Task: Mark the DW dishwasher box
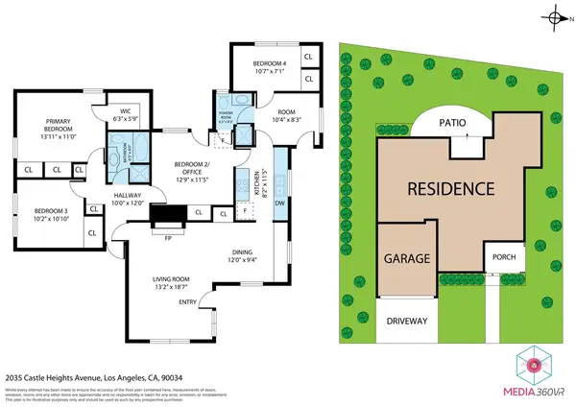[x=279, y=203]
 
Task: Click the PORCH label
[x=505, y=257]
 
